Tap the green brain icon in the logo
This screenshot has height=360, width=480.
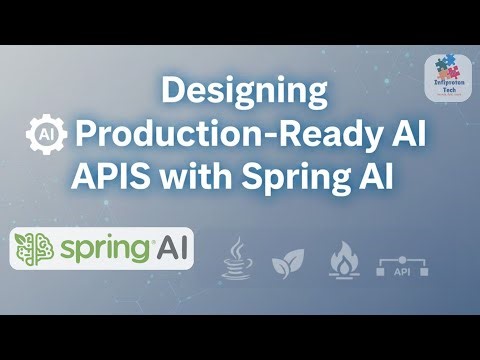tap(38, 248)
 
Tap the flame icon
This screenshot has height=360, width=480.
tap(343, 258)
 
